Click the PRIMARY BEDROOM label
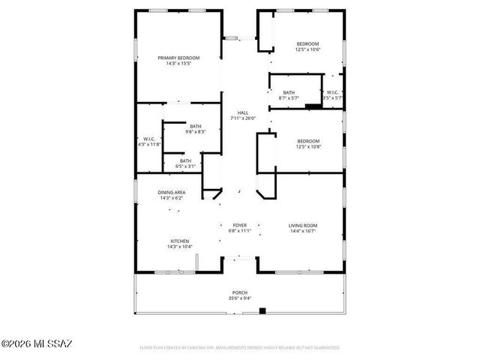(178, 58)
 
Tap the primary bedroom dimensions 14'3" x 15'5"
(178, 64)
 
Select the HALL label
(243, 112)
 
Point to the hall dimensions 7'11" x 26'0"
(243, 118)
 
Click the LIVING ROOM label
(303, 225)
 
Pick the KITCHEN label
(178, 241)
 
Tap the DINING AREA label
(171, 193)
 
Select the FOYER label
(240, 225)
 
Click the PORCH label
(240, 292)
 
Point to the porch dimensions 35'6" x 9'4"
(240, 298)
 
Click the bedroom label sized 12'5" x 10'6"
(307, 43)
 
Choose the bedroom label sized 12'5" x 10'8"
(307, 141)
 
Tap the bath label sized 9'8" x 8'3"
(195, 126)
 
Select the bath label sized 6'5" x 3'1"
(185, 160)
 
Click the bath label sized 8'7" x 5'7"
(289, 92)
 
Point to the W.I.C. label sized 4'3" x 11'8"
(148, 139)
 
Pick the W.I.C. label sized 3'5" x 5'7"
(331, 92)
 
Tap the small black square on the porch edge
(262, 311)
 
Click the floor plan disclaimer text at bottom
(240, 348)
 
